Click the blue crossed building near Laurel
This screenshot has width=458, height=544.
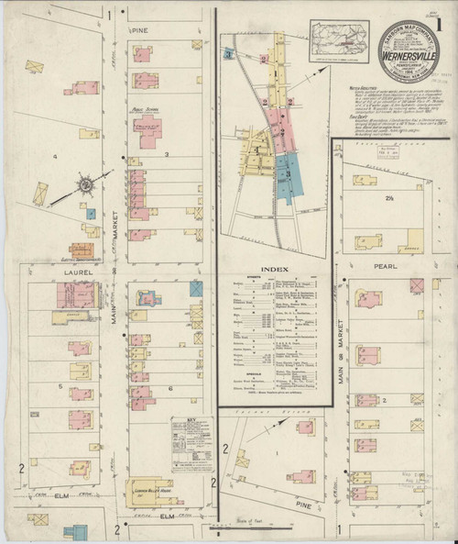tap(194, 288)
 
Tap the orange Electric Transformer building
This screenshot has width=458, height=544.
tap(88, 249)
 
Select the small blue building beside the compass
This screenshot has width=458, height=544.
tap(92, 213)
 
